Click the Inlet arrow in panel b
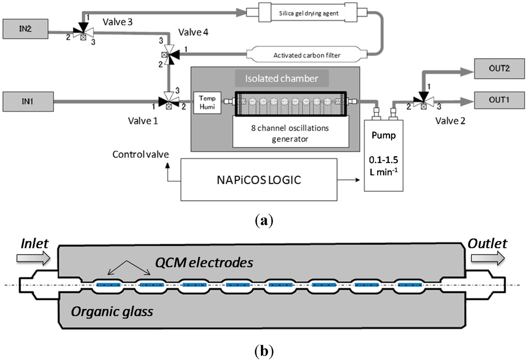[33, 254]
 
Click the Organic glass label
[111, 311]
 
